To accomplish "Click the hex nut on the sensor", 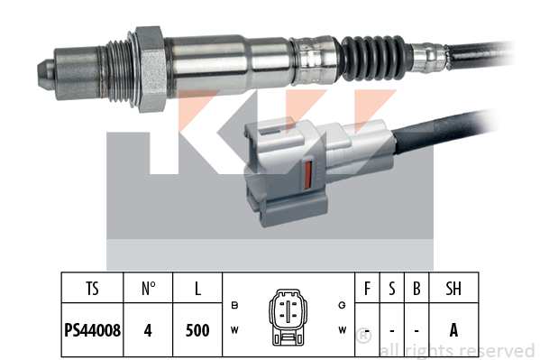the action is point(151,69).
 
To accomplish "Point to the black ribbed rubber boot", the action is point(373,58).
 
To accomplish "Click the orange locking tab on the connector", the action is point(308,176).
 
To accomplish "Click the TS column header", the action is point(92,289).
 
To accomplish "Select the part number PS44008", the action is point(92,330).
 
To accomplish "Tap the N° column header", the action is point(148,289).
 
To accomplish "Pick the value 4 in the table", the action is point(148,330).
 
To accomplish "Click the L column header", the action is point(197,289).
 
